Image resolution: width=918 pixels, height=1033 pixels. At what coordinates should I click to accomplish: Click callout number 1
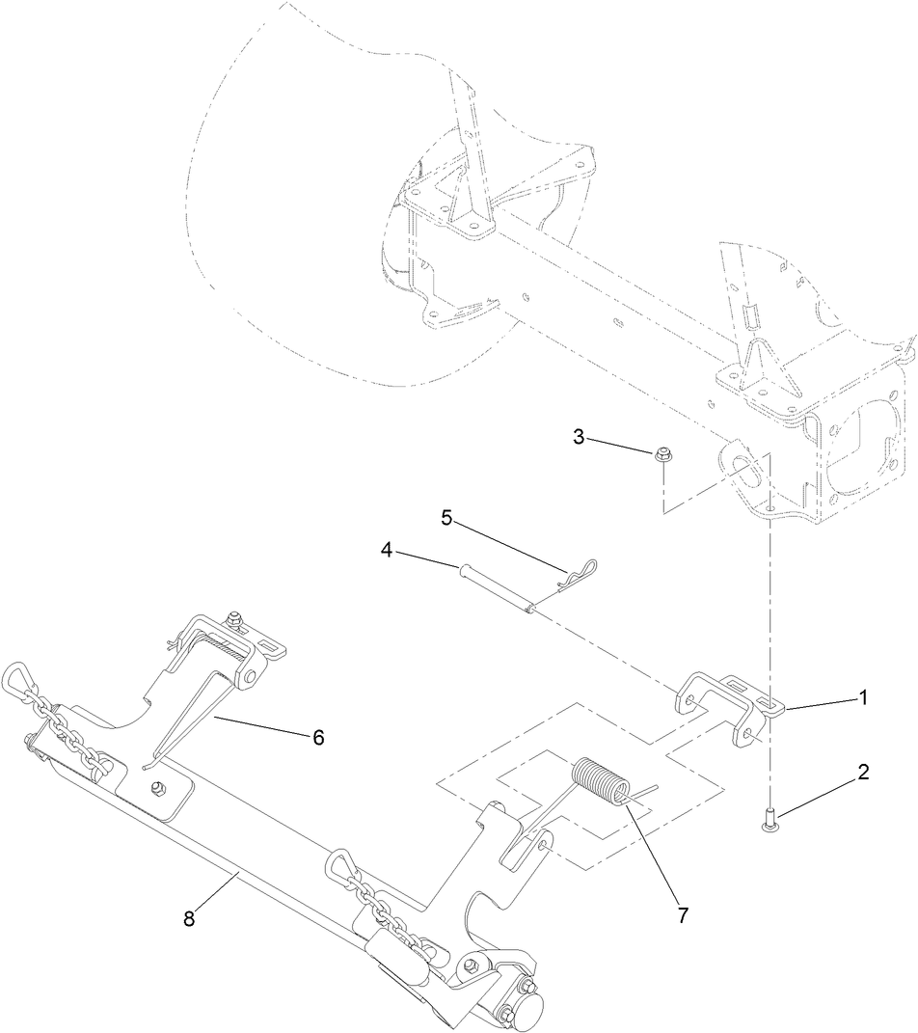click(864, 695)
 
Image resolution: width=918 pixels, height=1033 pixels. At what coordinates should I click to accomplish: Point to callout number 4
click(387, 553)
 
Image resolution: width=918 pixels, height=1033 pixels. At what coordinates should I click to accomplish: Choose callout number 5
click(446, 517)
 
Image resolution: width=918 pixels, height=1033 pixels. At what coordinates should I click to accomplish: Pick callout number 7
click(683, 915)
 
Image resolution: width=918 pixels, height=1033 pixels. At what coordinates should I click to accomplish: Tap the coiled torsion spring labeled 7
click(600, 781)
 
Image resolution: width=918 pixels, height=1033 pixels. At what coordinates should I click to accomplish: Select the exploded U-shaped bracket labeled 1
click(725, 704)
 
